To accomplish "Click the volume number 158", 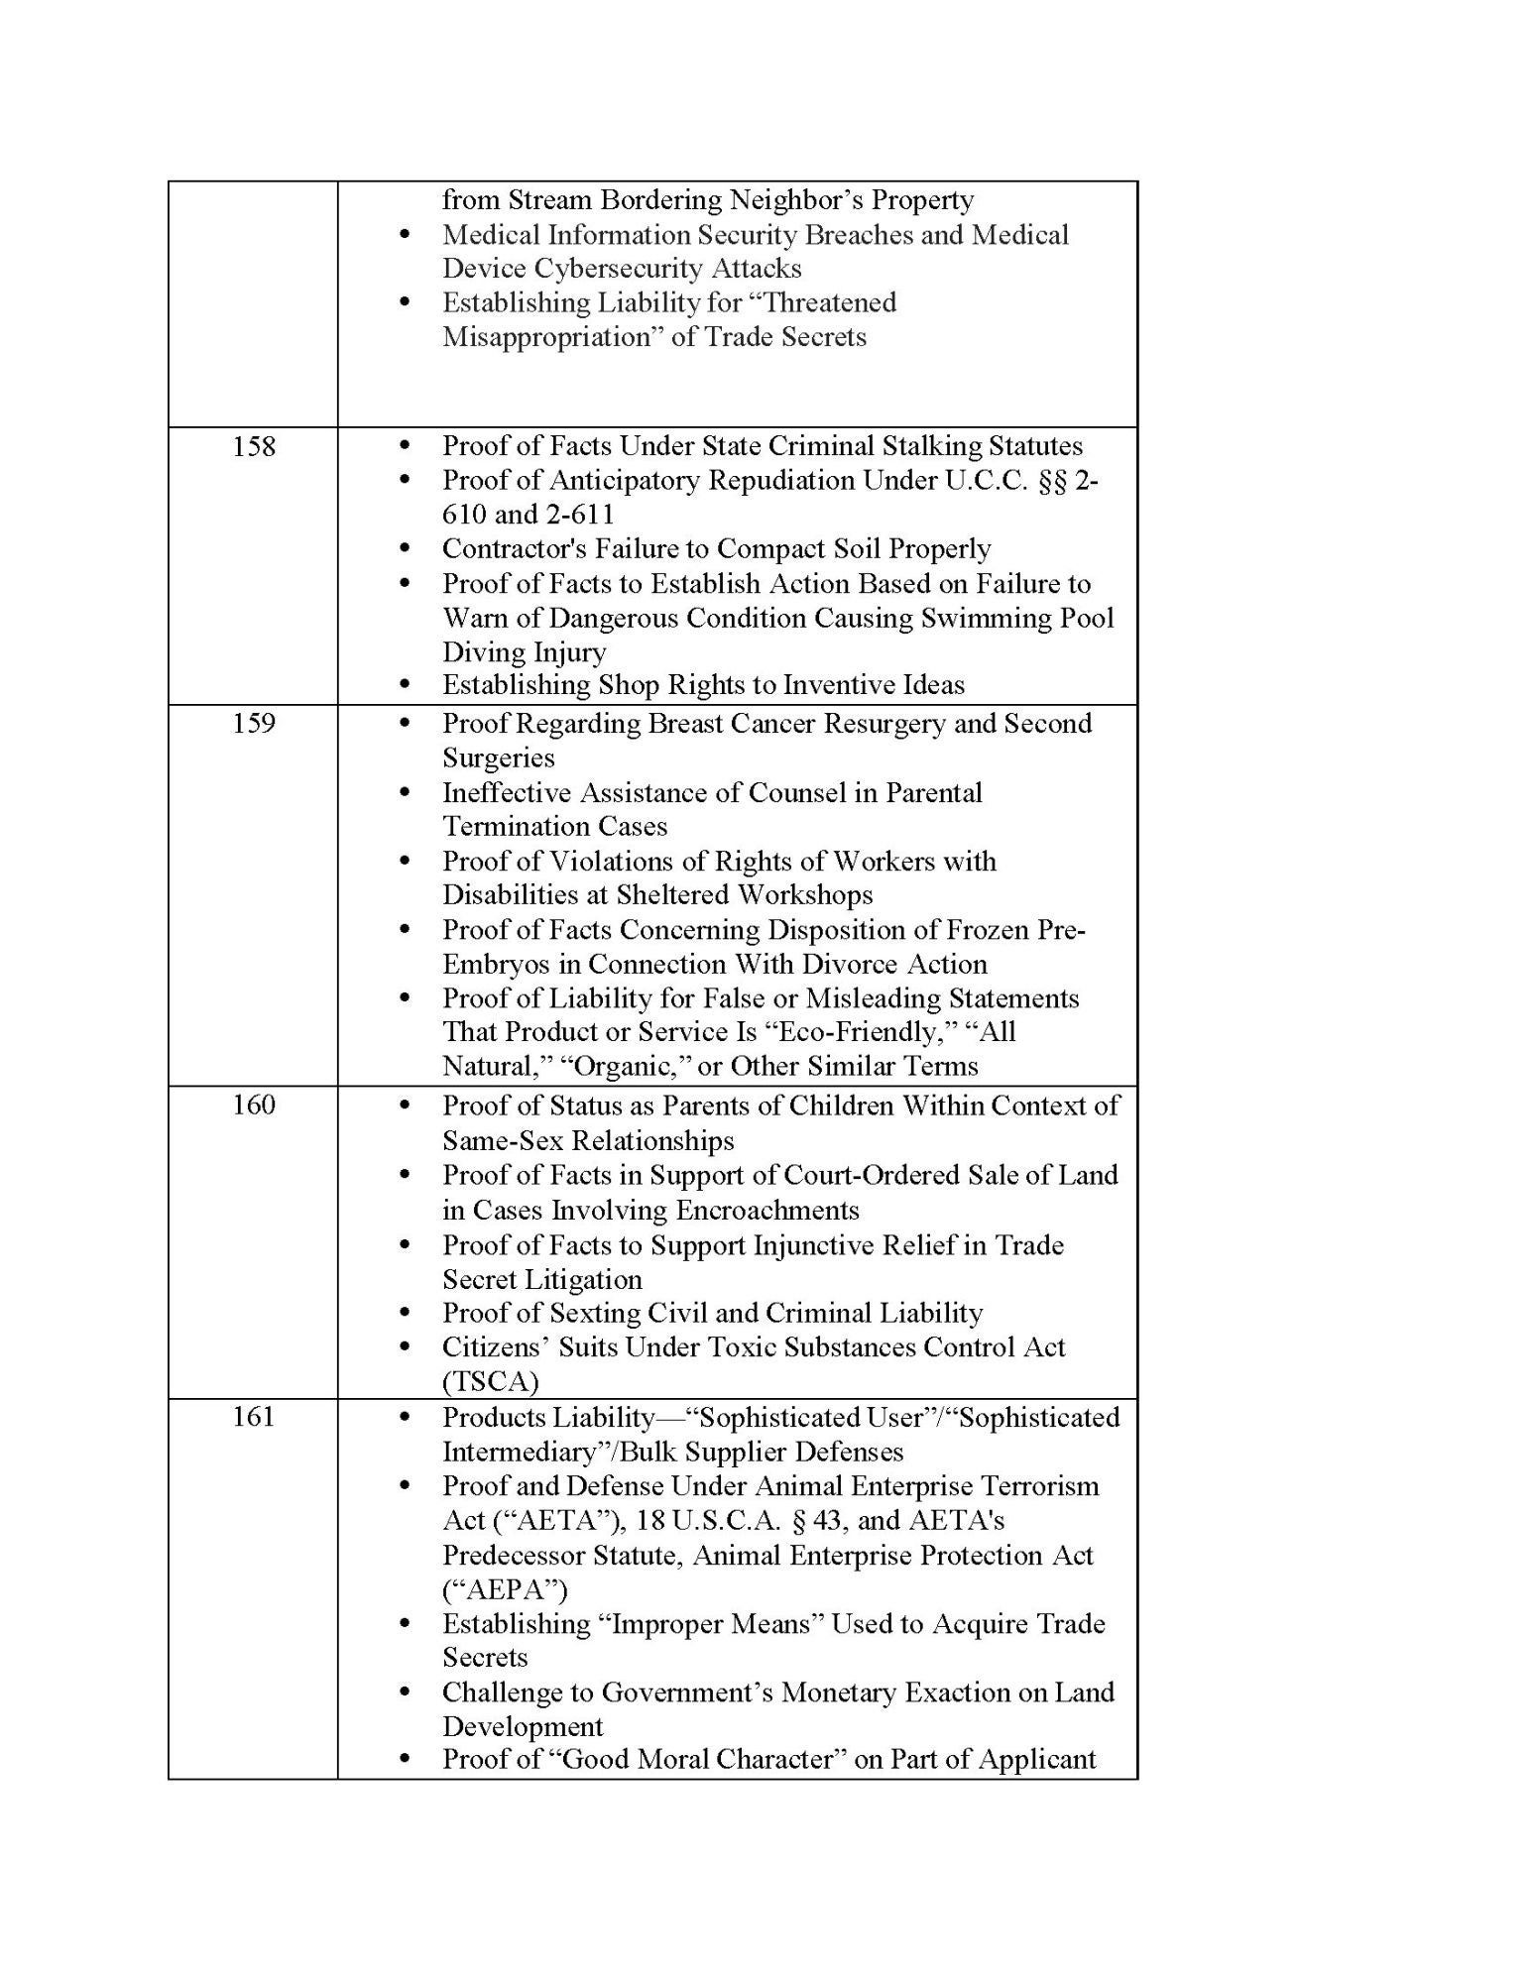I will point(254,447).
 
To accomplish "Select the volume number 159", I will point(254,724).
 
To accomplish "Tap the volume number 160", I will point(254,1105).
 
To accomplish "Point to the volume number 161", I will point(254,1417).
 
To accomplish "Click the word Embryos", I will point(510,965).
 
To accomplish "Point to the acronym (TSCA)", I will point(490,1382).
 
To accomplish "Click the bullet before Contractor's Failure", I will point(404,549).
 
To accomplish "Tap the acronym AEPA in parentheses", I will point(505,1590).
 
